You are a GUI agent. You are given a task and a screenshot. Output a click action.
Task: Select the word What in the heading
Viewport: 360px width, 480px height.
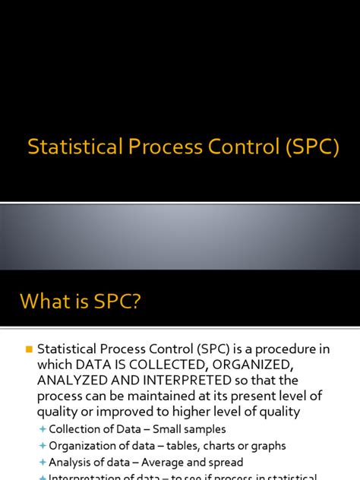[x=46, y=302]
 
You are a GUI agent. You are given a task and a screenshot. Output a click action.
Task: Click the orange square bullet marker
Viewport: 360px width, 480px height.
[x=30, y=349]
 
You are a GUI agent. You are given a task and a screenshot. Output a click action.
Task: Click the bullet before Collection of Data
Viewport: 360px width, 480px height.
[x=42, y=430]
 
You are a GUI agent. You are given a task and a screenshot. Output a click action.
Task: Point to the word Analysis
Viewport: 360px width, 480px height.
[x=71, y=462]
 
